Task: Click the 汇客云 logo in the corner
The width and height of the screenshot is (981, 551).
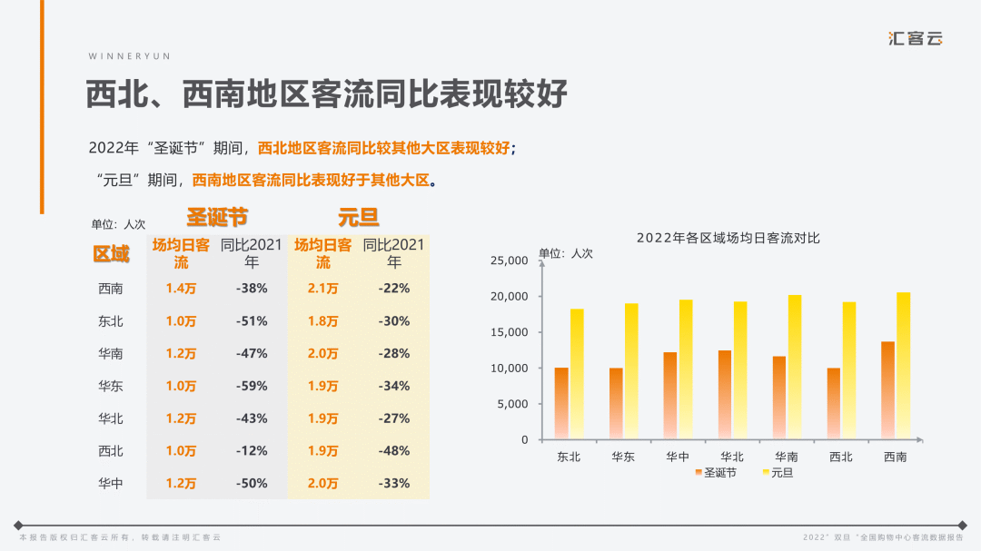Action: pyautogui.click(x=916, y=39)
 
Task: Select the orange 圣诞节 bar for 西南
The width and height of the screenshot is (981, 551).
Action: pyautogui.click(x=887, y=390)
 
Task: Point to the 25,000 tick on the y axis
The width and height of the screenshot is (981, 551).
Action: pyautogui.click(x=509, y=261)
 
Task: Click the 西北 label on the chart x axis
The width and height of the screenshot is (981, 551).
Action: pyautogui.click(x=840, y=457)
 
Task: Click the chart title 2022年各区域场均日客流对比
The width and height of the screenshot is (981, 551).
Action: pyautogui.click(x=728, y=238)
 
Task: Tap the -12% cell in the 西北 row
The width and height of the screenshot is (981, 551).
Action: pyautogui.click(x=252, y=451)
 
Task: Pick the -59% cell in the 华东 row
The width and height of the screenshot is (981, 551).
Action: pyautogui.click(x=252, y=386)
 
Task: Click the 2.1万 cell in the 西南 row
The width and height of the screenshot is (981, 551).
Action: pyautogui.click(x=323, y=289)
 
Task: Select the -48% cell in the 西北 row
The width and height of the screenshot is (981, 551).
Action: pyautogui.click(x=394, y=451)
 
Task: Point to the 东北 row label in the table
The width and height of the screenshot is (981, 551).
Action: pyautogui.click(x=111, y=321)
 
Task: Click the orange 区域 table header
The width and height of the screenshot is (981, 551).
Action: pyautogui.click(x=111, y=254)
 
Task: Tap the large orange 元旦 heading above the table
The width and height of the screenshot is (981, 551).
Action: pyautogui.click(x=359, y=218)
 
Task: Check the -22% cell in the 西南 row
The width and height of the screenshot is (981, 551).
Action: pyautogui.click(x=394, y=289)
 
